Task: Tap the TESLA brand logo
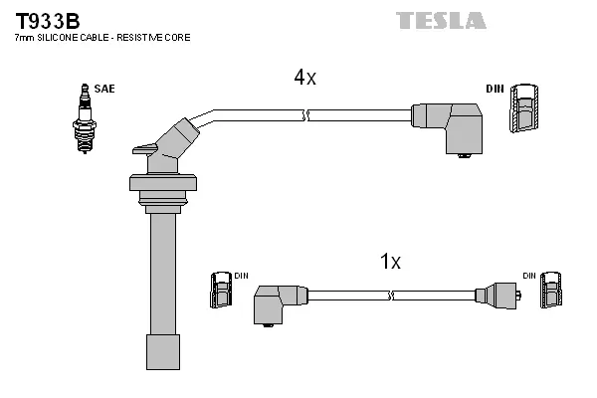(440, 20)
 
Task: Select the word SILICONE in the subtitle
(61, 37)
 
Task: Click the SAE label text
(104, 89)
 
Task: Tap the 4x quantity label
(304, 78)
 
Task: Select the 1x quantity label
(390, 262)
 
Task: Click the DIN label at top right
(495, 89)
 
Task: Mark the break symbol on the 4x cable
(307, 116)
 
